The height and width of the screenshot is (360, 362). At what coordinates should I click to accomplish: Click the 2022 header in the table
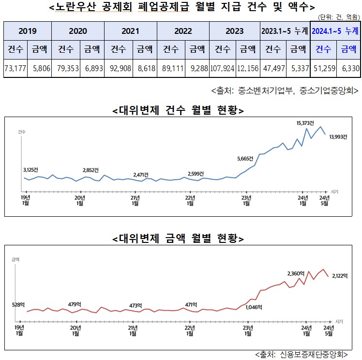(x=183, y=31)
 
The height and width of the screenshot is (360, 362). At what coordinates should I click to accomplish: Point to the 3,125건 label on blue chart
(x=31, y=170)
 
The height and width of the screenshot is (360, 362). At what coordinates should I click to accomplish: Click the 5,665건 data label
(x=246, y=158)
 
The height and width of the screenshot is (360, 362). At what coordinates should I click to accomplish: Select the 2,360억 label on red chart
(x=296, y=274)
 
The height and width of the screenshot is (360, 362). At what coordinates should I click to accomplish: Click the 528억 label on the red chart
(x=18, y=304)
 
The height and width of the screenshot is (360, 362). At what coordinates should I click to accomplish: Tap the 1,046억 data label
(x=254, y=307)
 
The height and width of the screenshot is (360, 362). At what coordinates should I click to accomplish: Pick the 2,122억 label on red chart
(x=340, y=276)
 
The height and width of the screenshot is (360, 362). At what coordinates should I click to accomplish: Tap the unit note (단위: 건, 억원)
(x=339, y=17)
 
